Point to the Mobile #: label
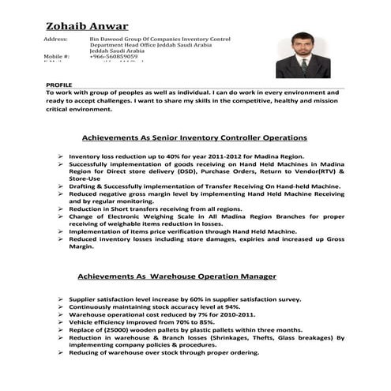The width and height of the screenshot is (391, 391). (x=57, y=58)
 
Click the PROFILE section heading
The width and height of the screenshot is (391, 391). (x=59, y=83)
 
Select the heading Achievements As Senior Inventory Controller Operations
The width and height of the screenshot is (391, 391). (x=195, y=136)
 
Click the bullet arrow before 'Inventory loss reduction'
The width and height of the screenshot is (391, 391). (x=61, y=157)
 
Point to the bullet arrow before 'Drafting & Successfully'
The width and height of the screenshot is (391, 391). (x=61, y=186)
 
